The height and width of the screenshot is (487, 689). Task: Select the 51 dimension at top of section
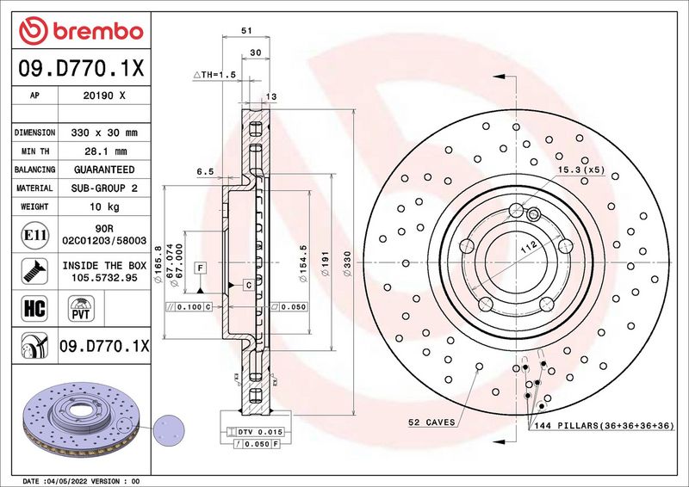click(x=246, y=30)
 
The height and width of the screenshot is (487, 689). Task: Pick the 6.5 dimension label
click(x=205, y=172)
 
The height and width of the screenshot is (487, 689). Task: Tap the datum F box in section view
click(x=200, y=268)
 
